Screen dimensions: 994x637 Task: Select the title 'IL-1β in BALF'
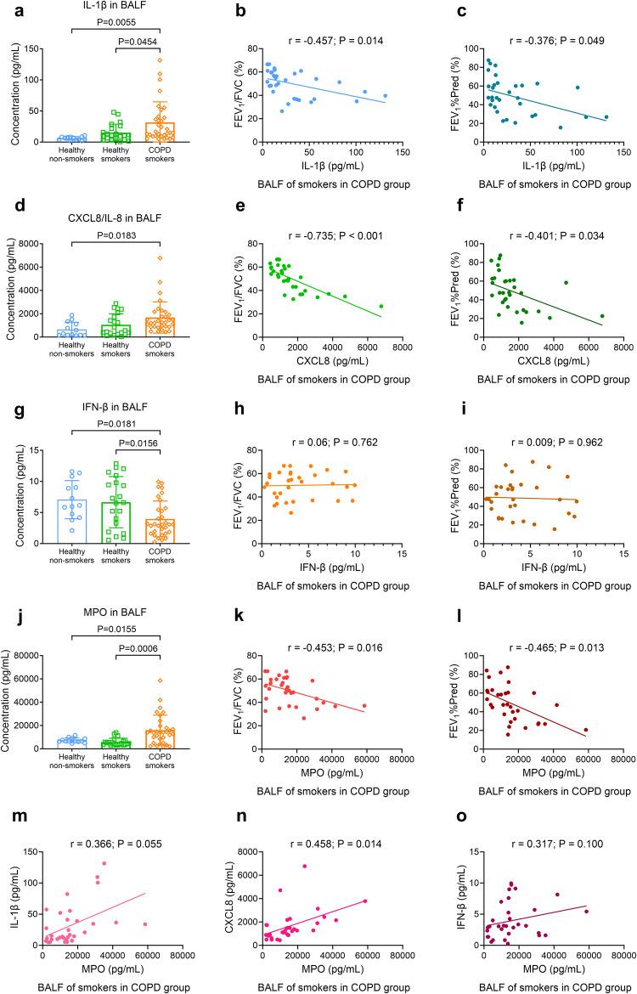[110, 8]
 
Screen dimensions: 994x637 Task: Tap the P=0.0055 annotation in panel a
[110, 23]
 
